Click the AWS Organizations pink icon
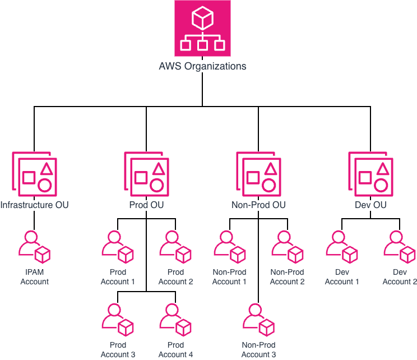click(x=202, y=28)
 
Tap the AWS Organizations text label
click(x=202, y=66)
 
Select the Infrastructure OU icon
click(x=34, y=173)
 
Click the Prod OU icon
click(x=146, y=173)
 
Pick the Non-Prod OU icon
click(x=258, y=173)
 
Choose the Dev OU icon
click(x=370, y=173)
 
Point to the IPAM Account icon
click(x=35, y=247)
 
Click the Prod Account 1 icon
click(x=118, y=247)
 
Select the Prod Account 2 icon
click(x=175, y=247)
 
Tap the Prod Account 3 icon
click(x=118, y=320)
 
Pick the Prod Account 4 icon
click(x=175, y=320)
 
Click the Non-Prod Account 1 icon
click(x=230, y=247)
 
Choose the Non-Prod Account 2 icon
click(x=288, y=247)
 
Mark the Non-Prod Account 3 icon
click(x=258, y=320)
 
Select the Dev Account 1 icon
click(x=342, y=247)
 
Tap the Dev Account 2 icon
click(x=400, y=247)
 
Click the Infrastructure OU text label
click(x=34, y=205)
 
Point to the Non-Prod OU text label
click(x=258, y=205)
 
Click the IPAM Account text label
click(x=35, y=277)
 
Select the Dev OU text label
click(x=370, y=205)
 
